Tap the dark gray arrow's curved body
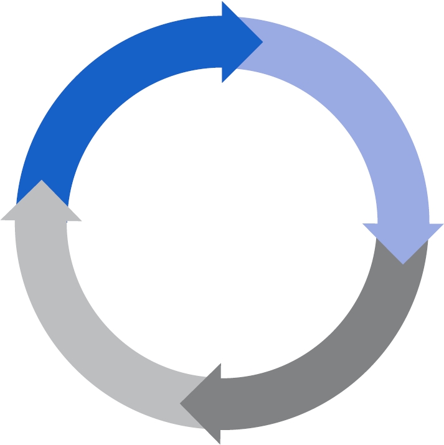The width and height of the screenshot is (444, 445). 349,349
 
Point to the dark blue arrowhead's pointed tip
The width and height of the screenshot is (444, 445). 262,42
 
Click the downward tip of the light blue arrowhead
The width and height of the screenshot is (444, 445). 403,263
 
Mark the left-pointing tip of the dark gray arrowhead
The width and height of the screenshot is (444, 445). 181,404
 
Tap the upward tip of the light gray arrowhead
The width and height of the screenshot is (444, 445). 41,181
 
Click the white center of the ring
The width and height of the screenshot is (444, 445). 222,223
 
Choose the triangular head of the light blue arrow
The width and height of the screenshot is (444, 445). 403,240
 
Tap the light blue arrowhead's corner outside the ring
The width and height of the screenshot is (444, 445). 443,223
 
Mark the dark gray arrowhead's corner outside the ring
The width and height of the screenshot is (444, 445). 220,444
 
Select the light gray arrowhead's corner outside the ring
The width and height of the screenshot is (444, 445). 1,220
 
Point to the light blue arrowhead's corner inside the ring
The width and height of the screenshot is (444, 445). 363,223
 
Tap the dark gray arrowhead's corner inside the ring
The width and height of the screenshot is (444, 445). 220,364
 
